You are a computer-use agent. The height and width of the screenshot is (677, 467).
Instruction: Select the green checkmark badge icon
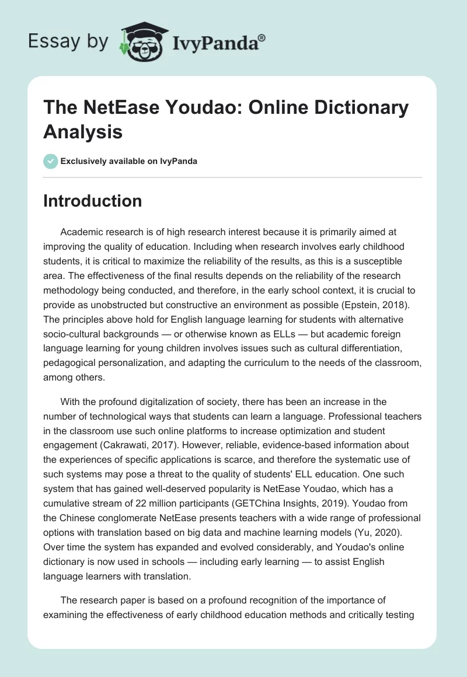(x=51, y=161)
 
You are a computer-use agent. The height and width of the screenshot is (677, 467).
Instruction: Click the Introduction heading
(x=93, y=201)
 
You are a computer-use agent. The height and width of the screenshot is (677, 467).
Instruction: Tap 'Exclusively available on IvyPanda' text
(x=129, y=161)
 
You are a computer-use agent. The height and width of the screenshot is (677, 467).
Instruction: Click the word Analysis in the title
(x=83, y=132)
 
